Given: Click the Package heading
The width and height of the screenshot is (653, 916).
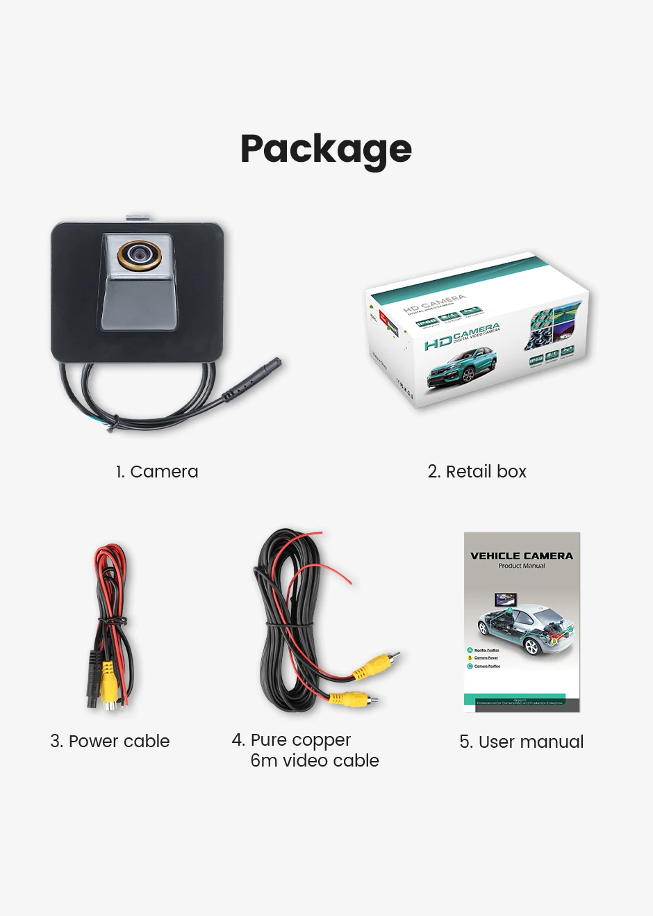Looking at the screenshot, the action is pyautogui.click(x=326, y=149).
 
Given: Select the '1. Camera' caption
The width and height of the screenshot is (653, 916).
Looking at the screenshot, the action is pyautogui.click(x=157, y=471).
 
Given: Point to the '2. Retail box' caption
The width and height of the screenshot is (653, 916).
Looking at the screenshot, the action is pyautogui.click(x=477, y=471).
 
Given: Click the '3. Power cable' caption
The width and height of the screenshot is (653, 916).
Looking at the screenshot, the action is pyautogui.click(x=110, y=741).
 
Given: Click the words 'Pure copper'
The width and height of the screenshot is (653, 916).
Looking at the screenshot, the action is pyautogui.click(x=300, y=739).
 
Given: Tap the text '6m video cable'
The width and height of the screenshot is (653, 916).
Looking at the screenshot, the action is pyautogui.click(x=315, y=760).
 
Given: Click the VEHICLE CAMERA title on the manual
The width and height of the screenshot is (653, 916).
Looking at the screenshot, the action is pyautogui.click(x=522, y=555).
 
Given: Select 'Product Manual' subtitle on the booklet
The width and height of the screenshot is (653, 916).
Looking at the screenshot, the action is pyautogui.click(x=522, y=566).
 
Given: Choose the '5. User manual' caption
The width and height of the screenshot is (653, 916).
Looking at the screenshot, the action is pyautogui.click(x=521, y=742).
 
